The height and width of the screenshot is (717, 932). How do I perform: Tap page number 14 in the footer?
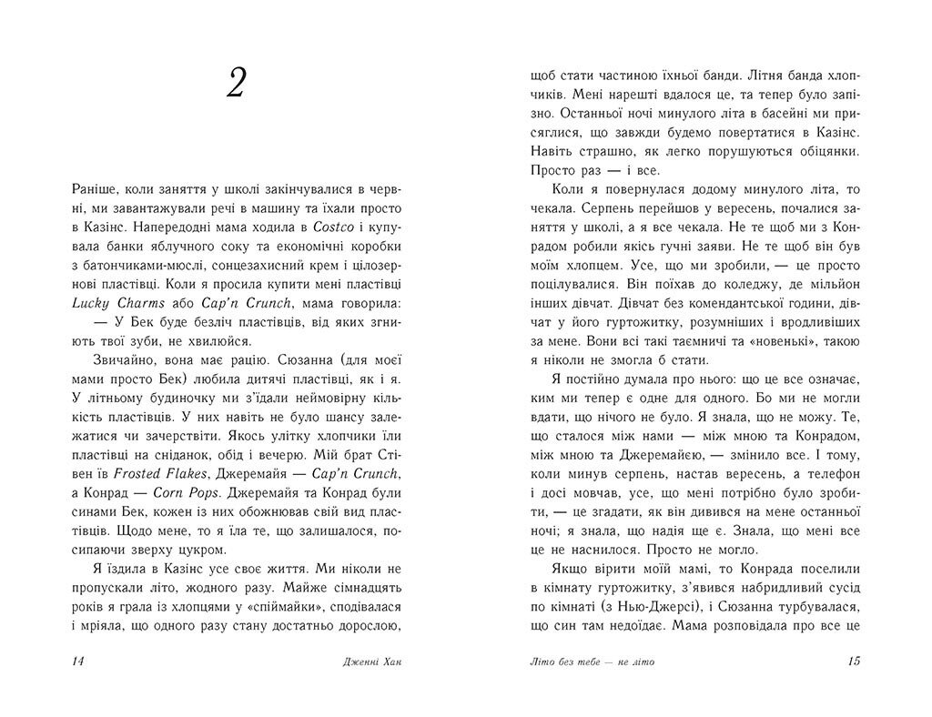point(76,661)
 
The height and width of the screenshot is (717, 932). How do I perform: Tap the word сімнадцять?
point(364,587)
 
